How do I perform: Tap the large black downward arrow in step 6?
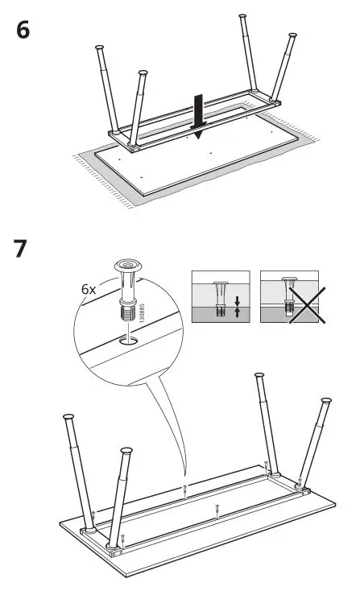coord(197,113)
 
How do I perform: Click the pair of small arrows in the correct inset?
coord(235,306)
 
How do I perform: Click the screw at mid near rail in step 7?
coord(218,507)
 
